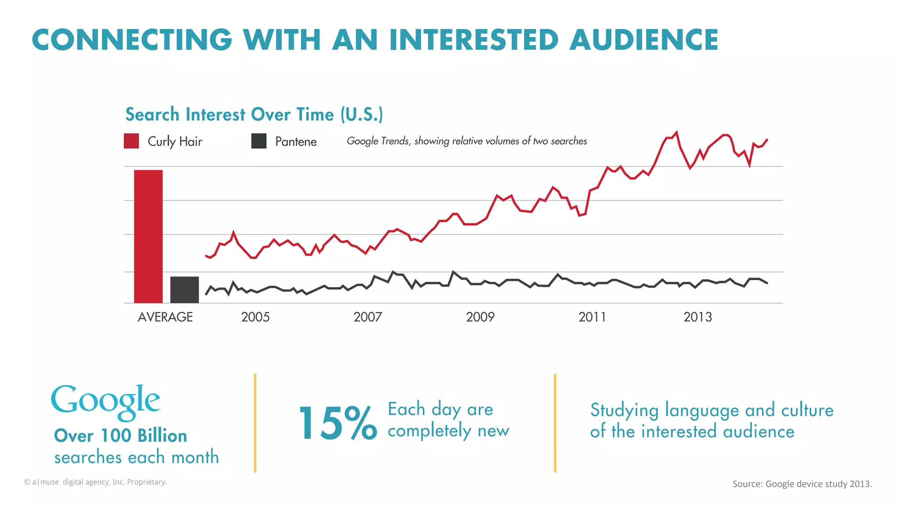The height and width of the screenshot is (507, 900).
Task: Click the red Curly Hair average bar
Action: pyautogui.click(x=148, y=237)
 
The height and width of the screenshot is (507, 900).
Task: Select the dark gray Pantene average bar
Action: pyautogui.click(x=184, y=290)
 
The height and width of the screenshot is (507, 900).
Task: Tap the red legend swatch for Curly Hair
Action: pyautogui.click(x=131, y=141)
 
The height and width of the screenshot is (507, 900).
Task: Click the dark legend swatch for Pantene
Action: pyautogui.click(x=259, y=141)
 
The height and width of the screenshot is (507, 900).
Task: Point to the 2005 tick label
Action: pyautogui.click(x=255, y=317)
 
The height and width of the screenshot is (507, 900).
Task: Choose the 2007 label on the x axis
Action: pyautogui.click(x=368, y=317)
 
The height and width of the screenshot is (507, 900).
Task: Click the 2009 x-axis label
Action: pyautogui.click(x=480, y=317)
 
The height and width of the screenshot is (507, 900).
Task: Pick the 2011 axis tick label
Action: pyautogui.click(x=592, y=317)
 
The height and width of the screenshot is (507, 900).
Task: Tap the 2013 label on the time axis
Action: pyautogui.click(x=697, y=317)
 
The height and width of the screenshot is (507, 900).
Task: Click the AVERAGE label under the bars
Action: pyautogui.click(x=165, y=317)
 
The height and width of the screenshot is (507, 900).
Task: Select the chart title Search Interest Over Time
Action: pyautogui.click(x=254, y=114)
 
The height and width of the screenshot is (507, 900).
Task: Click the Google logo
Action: pyautogui.click(x=105, y=401)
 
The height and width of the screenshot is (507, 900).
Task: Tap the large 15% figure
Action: pyautogui.click(x=337, y=423)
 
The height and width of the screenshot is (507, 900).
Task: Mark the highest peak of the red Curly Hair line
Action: pyautogui.click(x=676, y=132)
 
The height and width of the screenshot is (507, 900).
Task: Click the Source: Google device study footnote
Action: pyautogui.click(x=802, y=484)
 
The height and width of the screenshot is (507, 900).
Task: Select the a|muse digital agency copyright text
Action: pyautogui.click(x=95, y=482)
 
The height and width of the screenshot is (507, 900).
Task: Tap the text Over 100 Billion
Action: pyautogui.click(x=120, y=436)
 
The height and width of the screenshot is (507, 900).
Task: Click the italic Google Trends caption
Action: pyautogui.click(x=467, y=141)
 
